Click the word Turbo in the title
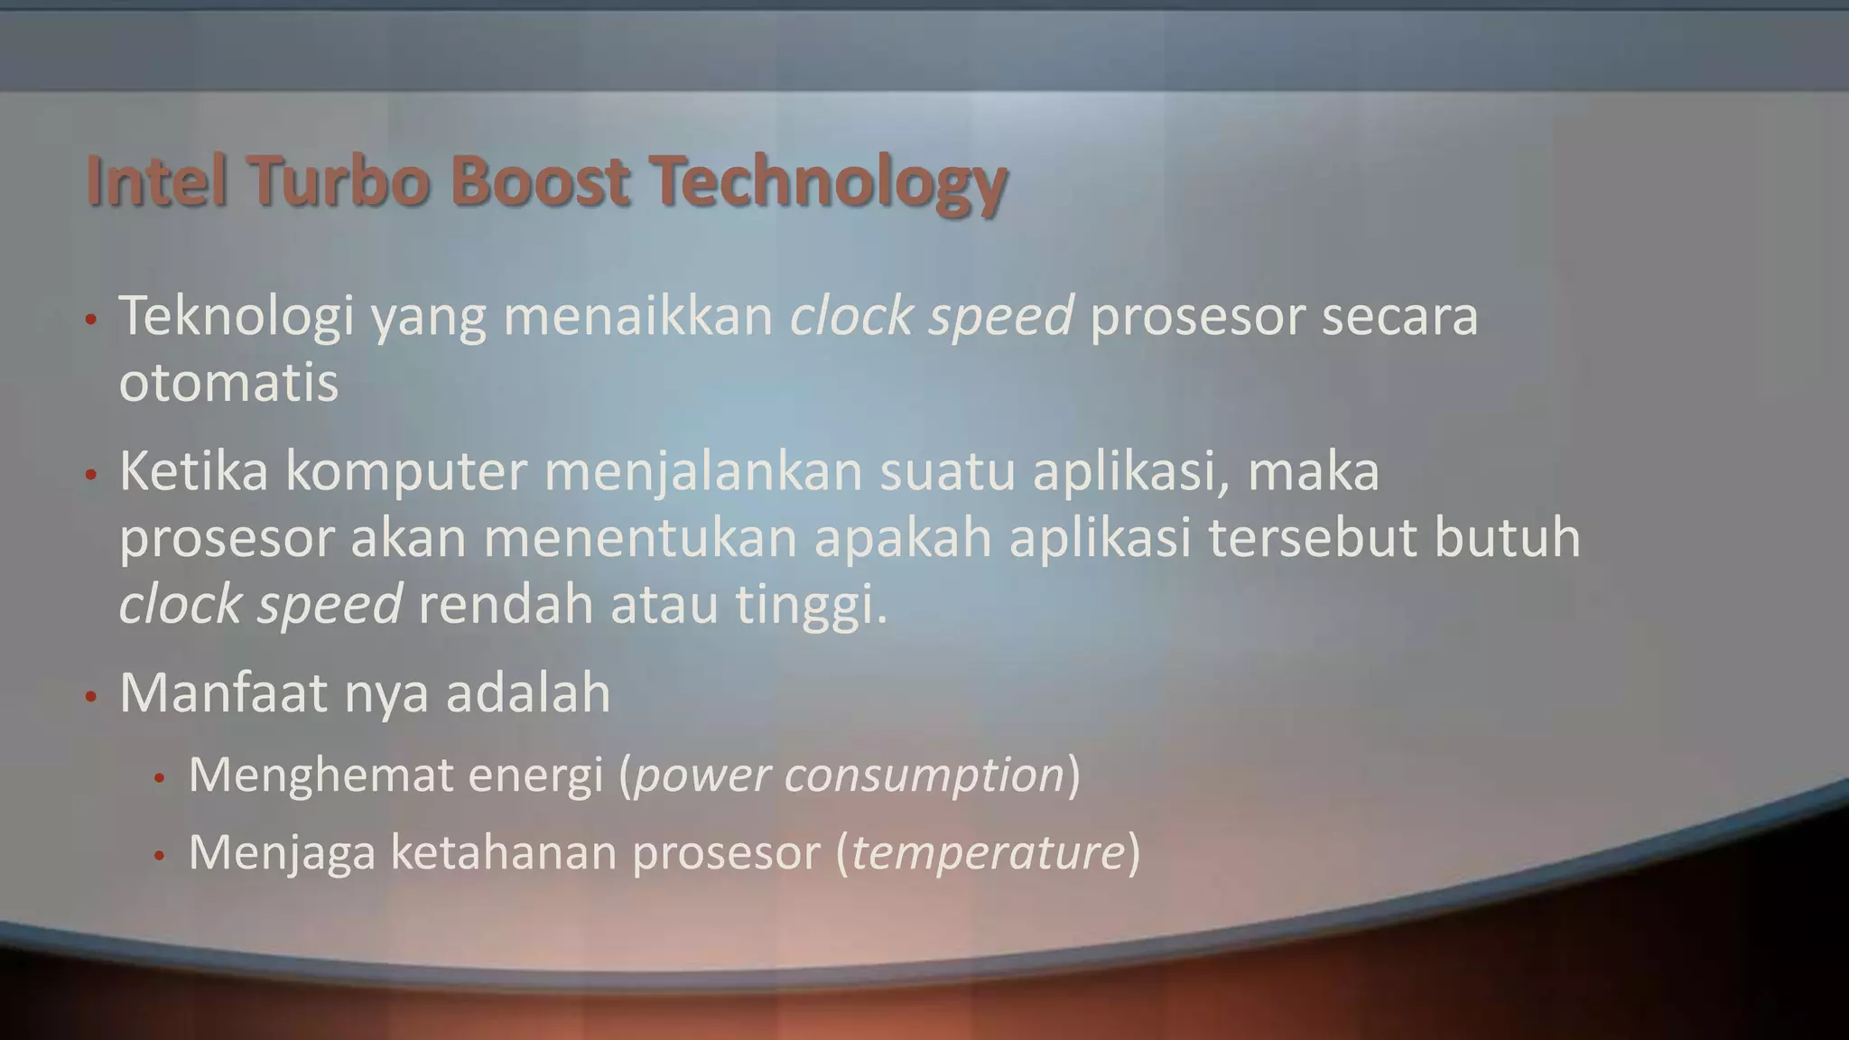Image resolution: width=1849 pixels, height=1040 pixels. click(x=337, y=181)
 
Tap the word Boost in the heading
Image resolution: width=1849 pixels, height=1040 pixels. click(x=539, y=181)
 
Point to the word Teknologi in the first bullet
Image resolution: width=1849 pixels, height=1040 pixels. click(x=236, y=317)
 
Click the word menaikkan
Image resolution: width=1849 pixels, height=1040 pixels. click(x=637, y=317)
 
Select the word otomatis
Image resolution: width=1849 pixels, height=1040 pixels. click(x=228, y=383)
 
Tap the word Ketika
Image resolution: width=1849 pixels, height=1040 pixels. click(x=193, y=471)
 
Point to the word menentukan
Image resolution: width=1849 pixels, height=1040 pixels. click(x=640, y=538)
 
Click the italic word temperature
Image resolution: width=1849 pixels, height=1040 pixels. click(x=988, y=852)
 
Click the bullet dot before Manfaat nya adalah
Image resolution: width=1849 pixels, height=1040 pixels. click(x=90, y=697)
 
